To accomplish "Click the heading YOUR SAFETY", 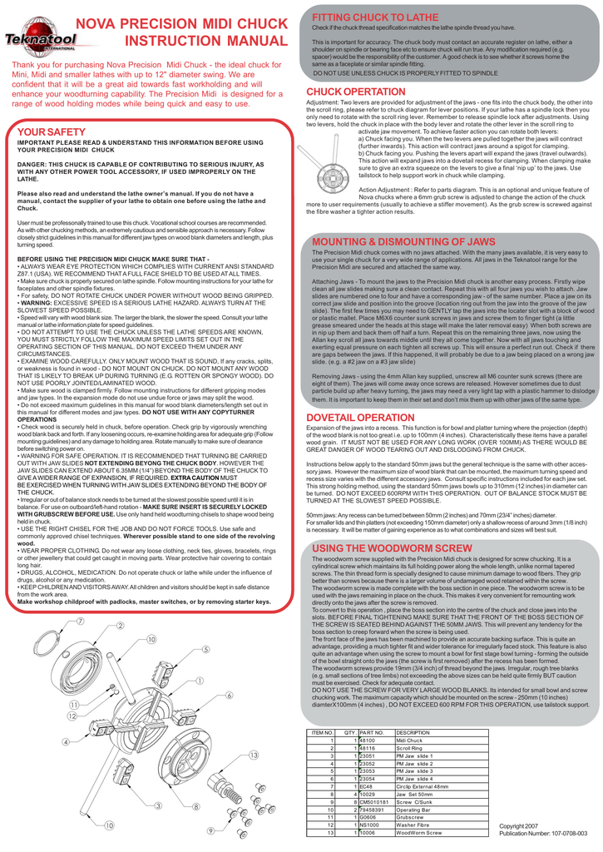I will pyautogui.click(x=52, y=132).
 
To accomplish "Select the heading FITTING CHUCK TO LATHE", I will pyautogui.click(x=363, y=17).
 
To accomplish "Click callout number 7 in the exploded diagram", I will pyautogui.click(x=80, y=622).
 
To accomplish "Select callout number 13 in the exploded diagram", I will pyautogui.click(x=254, y=755).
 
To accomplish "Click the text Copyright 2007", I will pyautogui.click(x=518, y=825).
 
